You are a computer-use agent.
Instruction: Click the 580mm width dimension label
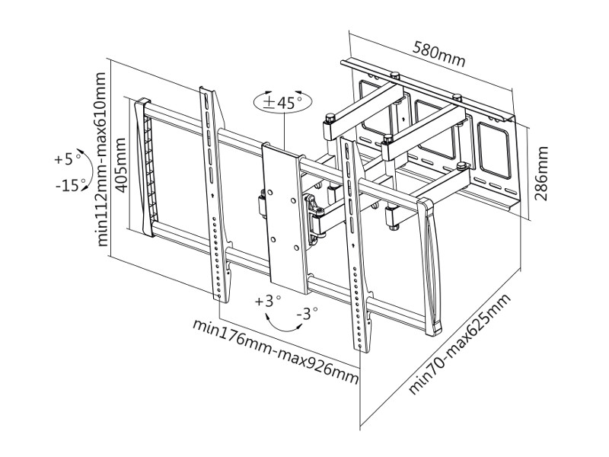pos(438,55)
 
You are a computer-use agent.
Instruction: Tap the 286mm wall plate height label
pos(542,174)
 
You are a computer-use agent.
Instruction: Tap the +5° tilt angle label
pos(68,160)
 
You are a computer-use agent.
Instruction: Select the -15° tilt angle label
pos(70,185)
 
